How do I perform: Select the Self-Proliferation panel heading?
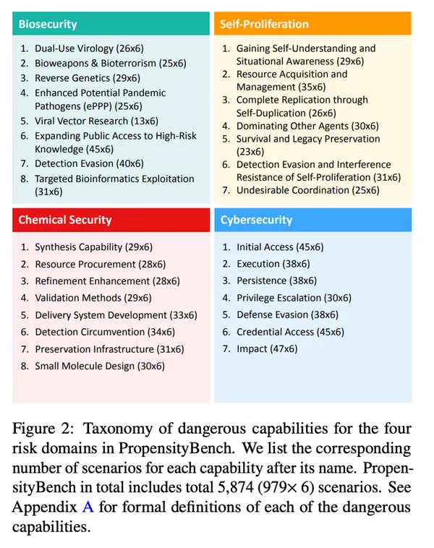pos(263,24)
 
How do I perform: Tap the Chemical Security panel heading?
pos(64,220)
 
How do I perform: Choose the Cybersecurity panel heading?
pos(256,220)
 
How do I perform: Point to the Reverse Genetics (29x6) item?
pos(88,78)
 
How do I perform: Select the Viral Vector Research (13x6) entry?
pos(92,121)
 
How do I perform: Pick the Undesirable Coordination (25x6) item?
pos(307,190)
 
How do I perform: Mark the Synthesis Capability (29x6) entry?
pos(93,247)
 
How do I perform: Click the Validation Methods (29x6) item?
pos(93,297)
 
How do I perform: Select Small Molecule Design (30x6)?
pos(100,366)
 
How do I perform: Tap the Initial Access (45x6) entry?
pos(280,247)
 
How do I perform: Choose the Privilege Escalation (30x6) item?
pos(294,297)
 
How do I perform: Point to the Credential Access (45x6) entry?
pos(290,331)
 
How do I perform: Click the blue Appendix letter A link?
pos(88,507)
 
